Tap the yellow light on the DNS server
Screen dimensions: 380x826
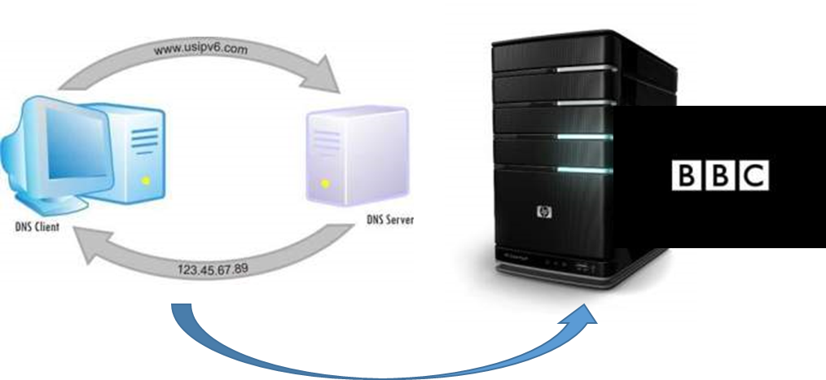pos(325,184)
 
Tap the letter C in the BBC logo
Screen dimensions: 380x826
pos(754,175)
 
